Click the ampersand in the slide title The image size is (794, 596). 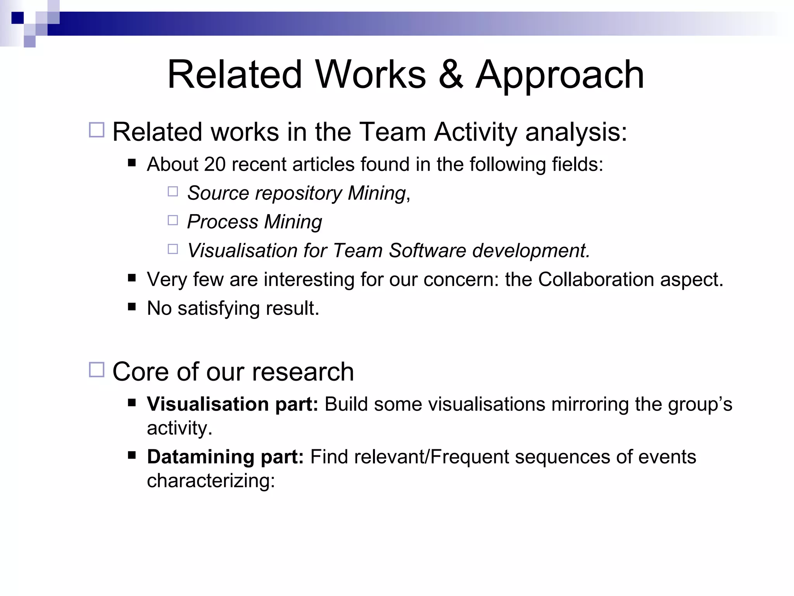[x=451, y=74]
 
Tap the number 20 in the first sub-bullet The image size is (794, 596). [x=215, y=165]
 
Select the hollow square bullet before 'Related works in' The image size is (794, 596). [x=97, y=130]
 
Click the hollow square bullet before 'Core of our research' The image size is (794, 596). [x=97, y=370]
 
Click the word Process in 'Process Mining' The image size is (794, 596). [x=223, y=222]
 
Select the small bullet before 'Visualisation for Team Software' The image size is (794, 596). [x=173, y=249]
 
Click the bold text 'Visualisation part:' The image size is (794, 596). [x=232, y=404]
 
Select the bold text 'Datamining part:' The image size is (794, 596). [x=225, y=457]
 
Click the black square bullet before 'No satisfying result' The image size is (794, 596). [x=132, y=307]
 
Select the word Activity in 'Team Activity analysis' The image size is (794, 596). [x=475, y=132]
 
